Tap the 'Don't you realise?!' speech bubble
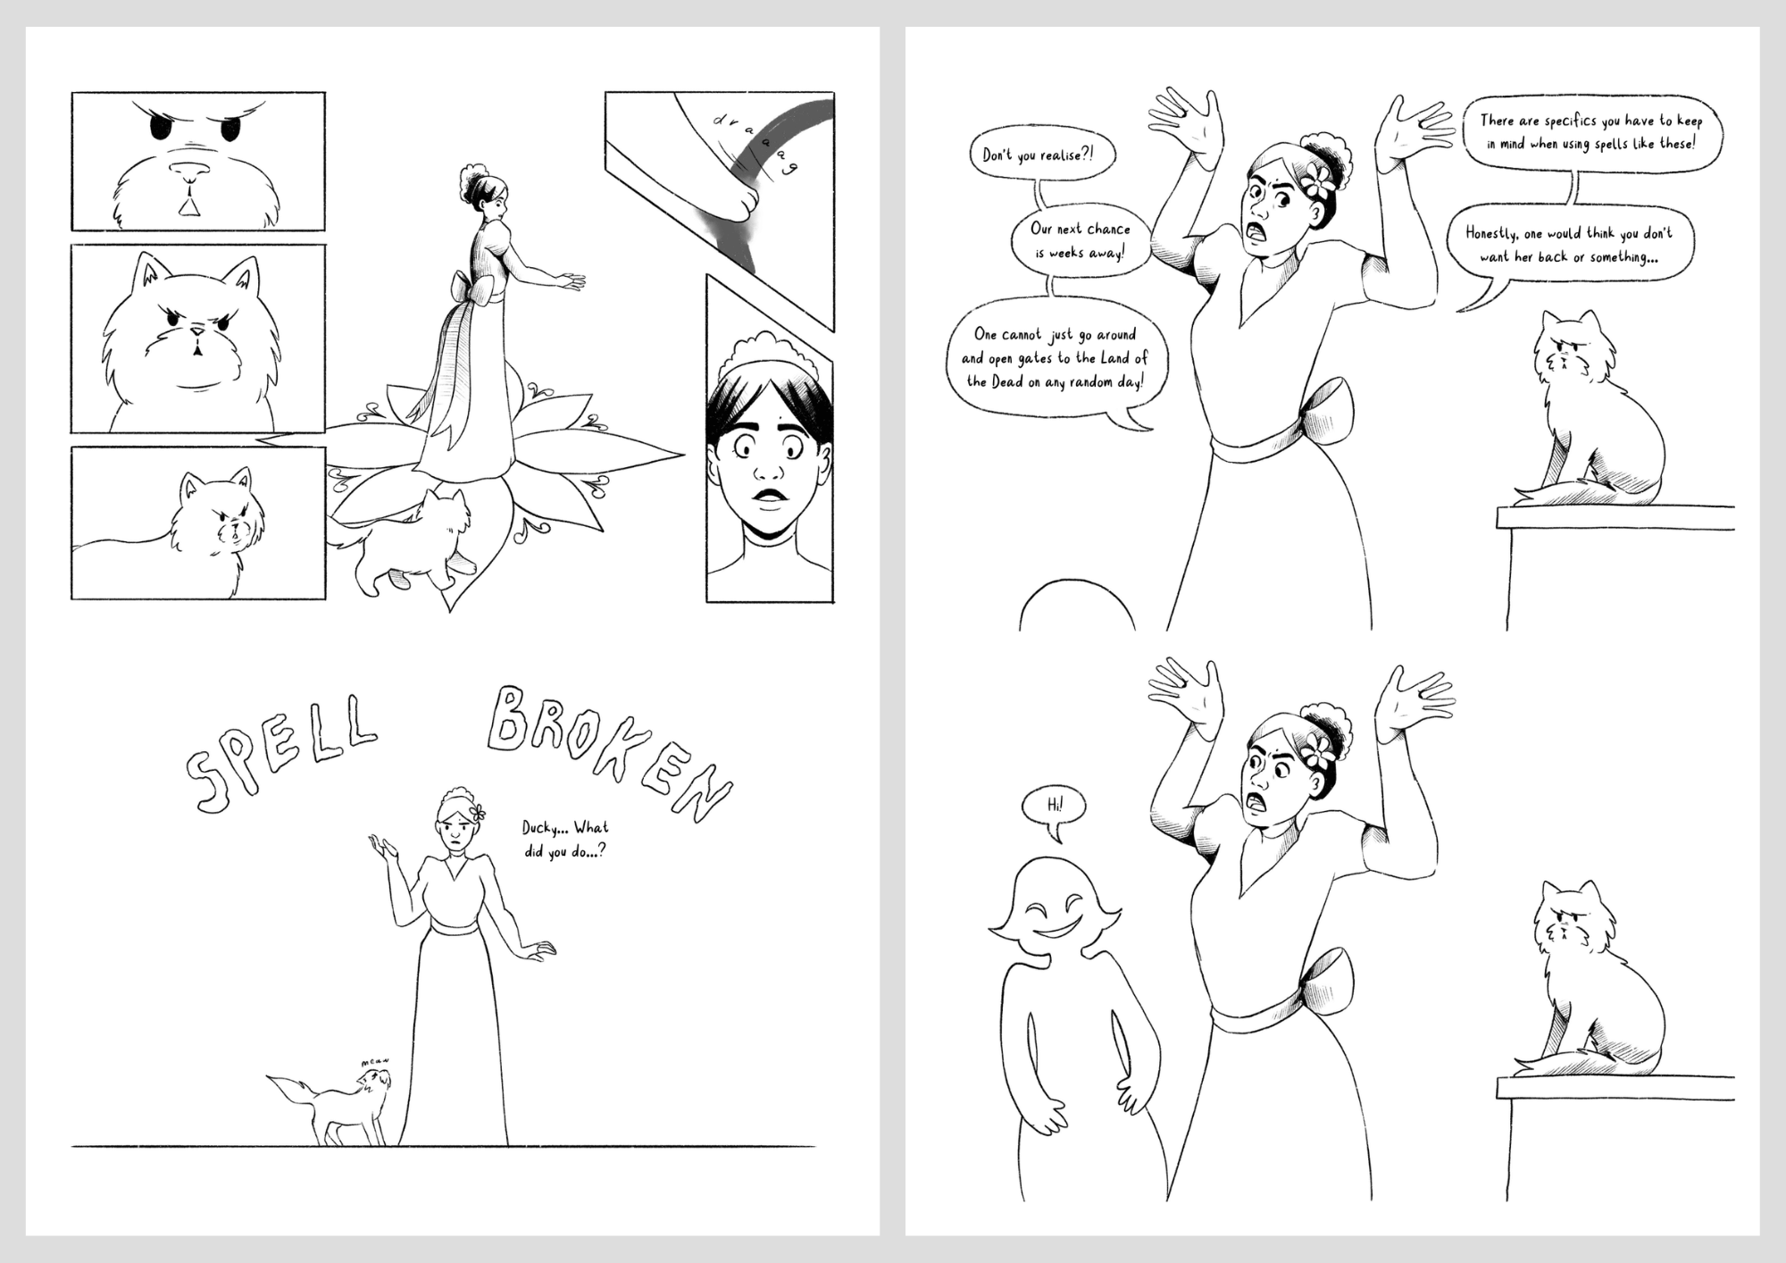[1042, 155]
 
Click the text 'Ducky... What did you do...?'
[565, 840]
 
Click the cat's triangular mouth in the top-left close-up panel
[188, 205]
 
